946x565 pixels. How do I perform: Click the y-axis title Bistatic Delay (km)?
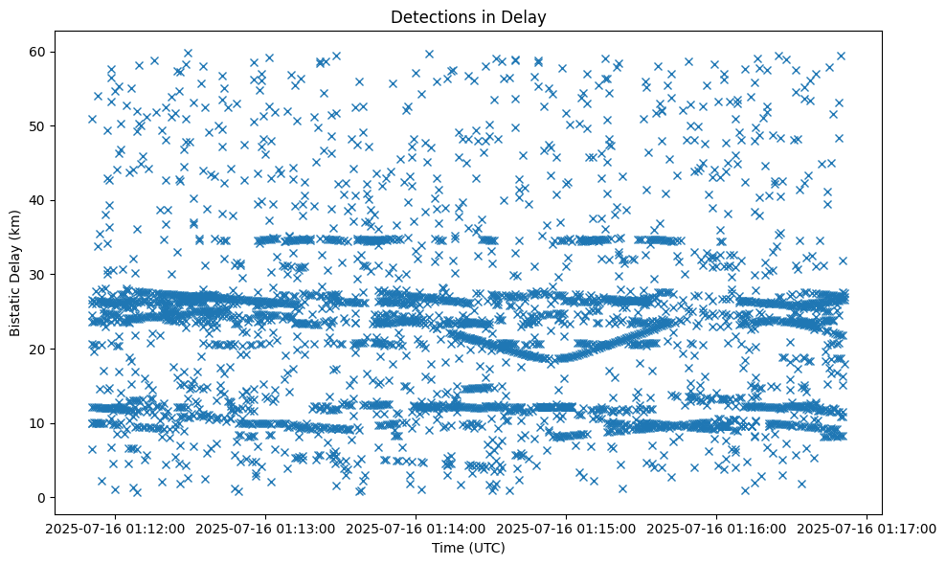pyautogui.click(x=15, y=273)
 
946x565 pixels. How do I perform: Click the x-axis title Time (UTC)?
pyautogui.click(x=469, y=549)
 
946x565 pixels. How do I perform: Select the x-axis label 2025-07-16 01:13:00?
pyautogui.click(x=265, y=529)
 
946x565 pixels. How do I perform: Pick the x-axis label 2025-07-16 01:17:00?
pyautogui.click(x=867, y=529)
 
